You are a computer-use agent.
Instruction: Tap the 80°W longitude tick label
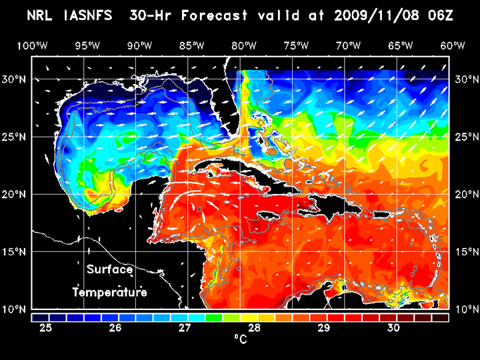[x=245, y=45]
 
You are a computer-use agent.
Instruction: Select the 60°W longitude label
[x=453, y=45]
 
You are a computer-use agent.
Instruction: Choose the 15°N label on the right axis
[x=465, y=251]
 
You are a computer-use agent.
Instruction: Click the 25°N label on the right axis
[x=465, y=137]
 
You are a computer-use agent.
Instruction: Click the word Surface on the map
[x=109, y=269]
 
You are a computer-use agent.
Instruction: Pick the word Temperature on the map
[x=109, y=292]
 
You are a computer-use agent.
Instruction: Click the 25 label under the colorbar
[x=46, y=328]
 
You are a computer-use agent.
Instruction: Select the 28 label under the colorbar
[x=255, y=328]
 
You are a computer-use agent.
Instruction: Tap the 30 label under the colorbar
[x=393, y=328]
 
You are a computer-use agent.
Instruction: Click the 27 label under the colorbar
[x=185, y=328]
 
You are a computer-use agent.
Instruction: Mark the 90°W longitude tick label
[x=138, y=45]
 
